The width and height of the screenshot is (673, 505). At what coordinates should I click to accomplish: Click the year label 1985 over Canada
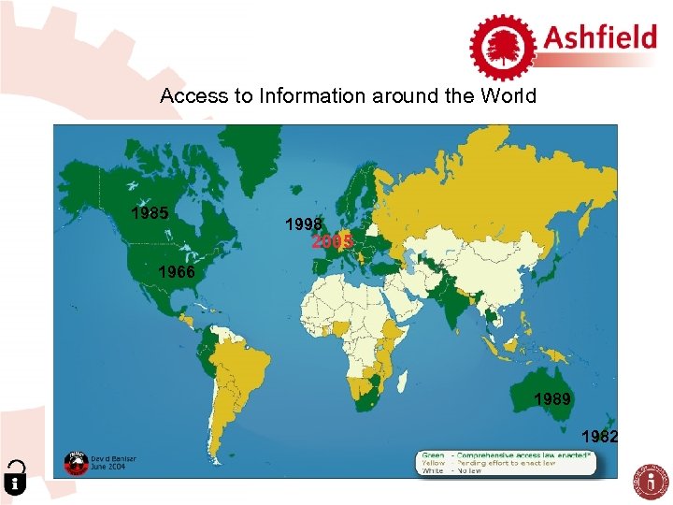[x=150, y=213]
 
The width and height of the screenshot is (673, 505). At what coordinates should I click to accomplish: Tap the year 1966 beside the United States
[x=177, y=273]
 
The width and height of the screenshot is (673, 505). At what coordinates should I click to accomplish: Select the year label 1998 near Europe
[x=305, y=224]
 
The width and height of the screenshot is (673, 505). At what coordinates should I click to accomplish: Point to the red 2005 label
[x=332, y=242]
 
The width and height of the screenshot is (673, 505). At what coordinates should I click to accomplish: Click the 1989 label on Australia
[x=553, y=399]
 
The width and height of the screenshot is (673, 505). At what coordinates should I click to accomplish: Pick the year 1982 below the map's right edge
[x=600, y=435]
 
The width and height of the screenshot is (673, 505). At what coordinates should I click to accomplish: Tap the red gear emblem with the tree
[x=502, y=46]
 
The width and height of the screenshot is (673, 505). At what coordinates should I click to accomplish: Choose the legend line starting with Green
[x=505, y=454]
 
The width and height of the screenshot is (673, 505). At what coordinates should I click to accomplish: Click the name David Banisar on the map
[x=113, y=458]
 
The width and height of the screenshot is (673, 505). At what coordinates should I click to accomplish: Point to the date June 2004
[x=107, y=467]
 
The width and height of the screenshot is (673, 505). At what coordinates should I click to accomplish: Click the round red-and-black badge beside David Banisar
[x=76, y=462]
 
